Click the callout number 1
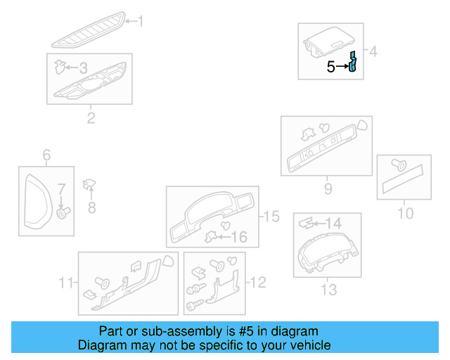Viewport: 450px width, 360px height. pyautogui.click(x=139, y=22)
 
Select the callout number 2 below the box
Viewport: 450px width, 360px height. pyautogui.click(x=91, y=117)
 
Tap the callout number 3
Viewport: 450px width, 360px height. pyautogui.click(x=83, y=68)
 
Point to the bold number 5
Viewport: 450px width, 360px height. pyautogui.click(x=331, y=67)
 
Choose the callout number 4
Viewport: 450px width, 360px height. pyautogui.click(x=374, y=51)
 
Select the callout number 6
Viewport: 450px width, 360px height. pyautogui.click(x=46, y=155)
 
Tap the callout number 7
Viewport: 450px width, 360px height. pyautogui.click(x=61, y=189)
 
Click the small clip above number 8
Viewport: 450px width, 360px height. pyautogui.click(x=90, y=185)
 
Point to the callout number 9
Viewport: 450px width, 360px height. pyautogui.click(x=328, y=188)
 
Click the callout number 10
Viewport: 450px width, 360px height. pyautogui.click(x=406, y=212)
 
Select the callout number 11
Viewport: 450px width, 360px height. pyautogui.click(x=66, y=283)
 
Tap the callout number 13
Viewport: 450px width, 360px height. pyautogui.click(x=328, y=289)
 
